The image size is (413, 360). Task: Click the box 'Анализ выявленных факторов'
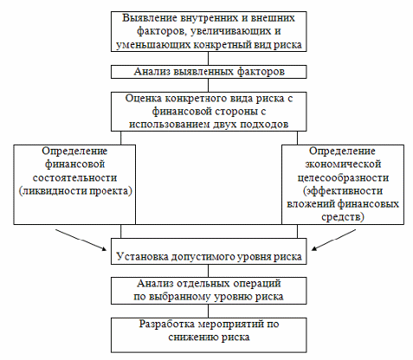[x=209, y=72]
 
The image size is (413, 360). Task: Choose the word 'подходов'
[x=264, y=125]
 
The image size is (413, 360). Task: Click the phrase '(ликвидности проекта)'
[x=75, y=191]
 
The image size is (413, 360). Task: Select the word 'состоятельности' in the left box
[x=74, y=177]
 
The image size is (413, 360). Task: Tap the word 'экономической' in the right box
[x=343, y=164]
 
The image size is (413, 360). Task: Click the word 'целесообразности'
[x=343, y=177]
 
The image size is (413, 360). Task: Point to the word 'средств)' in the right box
[x=343, y=216]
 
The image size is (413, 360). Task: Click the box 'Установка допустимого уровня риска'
[x=209, y=251]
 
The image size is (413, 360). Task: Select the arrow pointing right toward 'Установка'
[x=81, y=240]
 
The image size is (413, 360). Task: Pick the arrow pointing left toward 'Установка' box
[x=333, y=240]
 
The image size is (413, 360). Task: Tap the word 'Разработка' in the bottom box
[x=167, y=324]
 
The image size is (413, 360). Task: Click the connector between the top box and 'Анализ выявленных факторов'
[x=209, y=58]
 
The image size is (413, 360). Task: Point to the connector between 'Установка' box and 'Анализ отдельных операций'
[x=209, y=271]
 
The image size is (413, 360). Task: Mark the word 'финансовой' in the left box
[x=74, y=164]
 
